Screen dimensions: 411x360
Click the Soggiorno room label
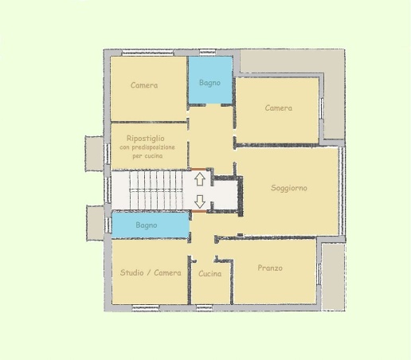(289, 188)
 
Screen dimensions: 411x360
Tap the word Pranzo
(270, 268)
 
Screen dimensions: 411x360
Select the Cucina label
(210, 274)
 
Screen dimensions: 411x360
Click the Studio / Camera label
(151, 272)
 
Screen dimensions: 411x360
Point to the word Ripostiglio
(146, 139)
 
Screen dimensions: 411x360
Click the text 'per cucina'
(147, 156)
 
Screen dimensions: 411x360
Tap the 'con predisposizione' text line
(147, 147)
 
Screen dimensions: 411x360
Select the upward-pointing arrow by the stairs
(200, 179)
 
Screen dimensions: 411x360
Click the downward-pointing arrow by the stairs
(200, 202)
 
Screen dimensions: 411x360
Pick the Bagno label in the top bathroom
(209, 83)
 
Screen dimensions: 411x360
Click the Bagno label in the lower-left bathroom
(147, 225)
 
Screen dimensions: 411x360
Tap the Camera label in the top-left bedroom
(144, 85)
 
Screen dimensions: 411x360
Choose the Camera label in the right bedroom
(279, 108)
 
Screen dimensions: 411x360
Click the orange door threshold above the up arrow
(198, 169)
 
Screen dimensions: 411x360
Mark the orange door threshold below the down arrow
(199, 211)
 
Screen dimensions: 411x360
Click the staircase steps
(156, 190)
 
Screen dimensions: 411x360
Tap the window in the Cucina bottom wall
(205, 307)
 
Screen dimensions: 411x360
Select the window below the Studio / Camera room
(146, 307)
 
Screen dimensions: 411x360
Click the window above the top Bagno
(208, 52)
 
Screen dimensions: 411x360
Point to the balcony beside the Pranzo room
(333, 276)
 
